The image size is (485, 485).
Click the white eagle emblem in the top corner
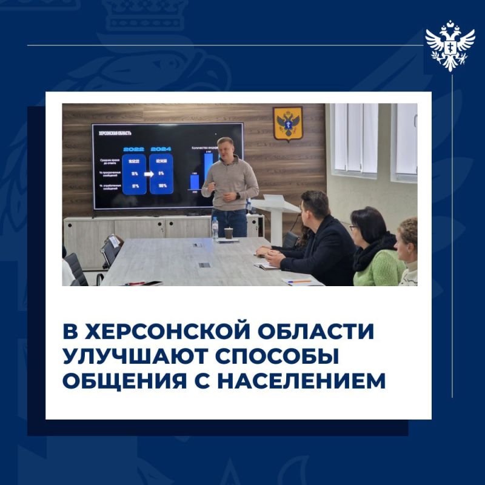450,45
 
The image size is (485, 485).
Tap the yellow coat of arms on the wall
287,123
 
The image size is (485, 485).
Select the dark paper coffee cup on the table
229,233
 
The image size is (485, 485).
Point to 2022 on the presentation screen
134,149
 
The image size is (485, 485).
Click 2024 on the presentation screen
161,149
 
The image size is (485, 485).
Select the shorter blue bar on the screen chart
194,181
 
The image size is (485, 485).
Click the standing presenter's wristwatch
238,196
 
